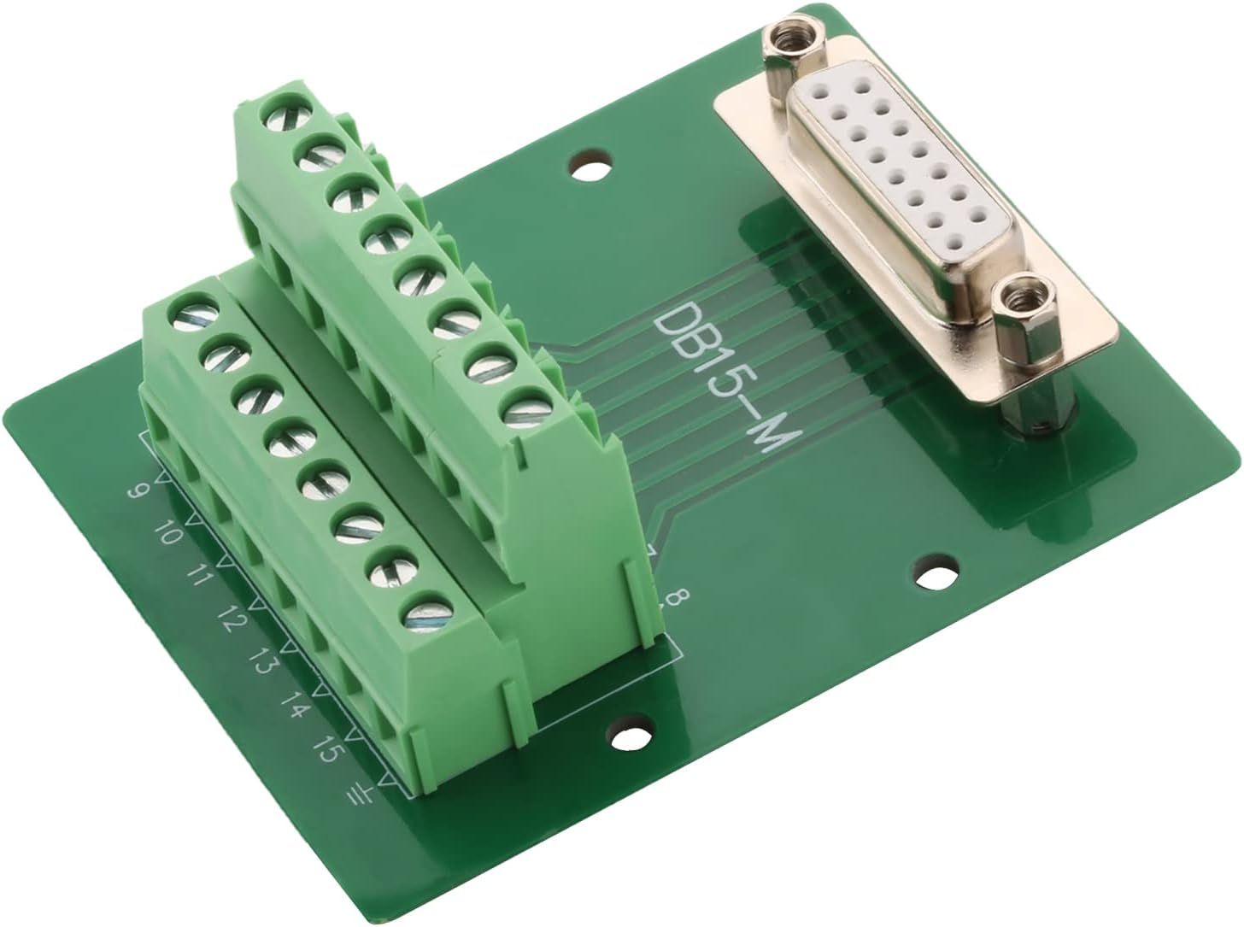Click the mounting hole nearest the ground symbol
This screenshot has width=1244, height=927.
(x=631, y=736)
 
